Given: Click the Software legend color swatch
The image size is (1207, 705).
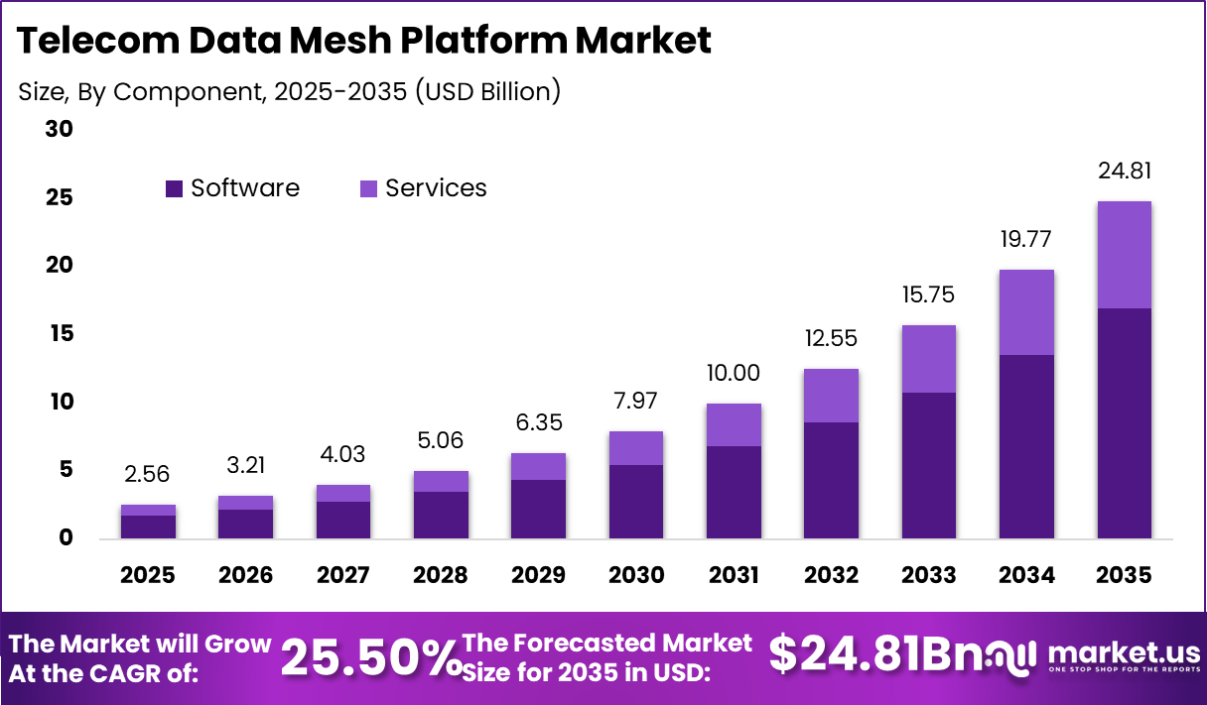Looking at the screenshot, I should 175,188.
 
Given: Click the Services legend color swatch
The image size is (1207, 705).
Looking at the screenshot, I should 368,188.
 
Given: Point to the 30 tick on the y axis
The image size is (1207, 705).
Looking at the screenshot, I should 59,130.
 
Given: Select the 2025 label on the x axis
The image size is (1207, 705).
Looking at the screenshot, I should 148,575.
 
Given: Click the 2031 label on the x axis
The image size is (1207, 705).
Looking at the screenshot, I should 734,575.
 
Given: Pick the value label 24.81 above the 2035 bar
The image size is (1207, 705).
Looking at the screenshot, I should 1125,172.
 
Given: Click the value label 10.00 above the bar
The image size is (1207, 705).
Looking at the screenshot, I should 734,373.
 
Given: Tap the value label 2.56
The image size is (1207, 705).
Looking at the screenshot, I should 148,474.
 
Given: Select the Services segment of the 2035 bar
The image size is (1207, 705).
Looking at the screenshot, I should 1125,255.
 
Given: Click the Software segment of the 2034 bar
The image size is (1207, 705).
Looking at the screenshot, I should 1026,446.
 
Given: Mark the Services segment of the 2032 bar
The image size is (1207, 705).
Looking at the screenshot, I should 831,396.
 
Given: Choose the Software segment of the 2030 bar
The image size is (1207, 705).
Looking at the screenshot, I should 636,502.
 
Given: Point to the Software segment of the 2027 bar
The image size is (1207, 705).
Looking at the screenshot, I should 343,520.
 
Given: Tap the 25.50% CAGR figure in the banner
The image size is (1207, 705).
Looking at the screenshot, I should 371,656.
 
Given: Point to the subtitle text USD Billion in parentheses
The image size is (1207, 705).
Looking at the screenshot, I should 487,91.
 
